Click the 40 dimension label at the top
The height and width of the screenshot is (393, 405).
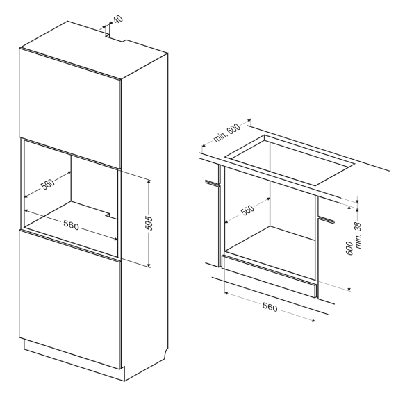point(118,19)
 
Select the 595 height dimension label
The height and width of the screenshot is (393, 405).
point(149,223)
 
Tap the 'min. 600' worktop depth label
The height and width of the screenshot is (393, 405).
point(226,133)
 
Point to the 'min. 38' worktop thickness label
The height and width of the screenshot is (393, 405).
point(358,235)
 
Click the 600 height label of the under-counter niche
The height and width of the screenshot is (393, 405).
point(349,248)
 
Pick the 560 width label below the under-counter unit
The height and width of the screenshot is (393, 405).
point(270,308)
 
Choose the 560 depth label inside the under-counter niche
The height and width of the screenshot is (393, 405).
point(247,210)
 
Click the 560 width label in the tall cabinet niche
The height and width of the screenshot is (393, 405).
point(71,225)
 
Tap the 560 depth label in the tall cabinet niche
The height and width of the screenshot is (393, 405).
point(48,184)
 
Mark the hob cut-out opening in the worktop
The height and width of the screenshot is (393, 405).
point(290,160)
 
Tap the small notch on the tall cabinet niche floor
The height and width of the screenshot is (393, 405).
point(108,215)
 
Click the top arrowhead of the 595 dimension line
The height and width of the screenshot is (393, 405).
point(149,181)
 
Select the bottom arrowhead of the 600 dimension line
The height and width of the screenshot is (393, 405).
point(349,289)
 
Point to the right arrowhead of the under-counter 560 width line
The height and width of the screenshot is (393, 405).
point(313,321)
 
